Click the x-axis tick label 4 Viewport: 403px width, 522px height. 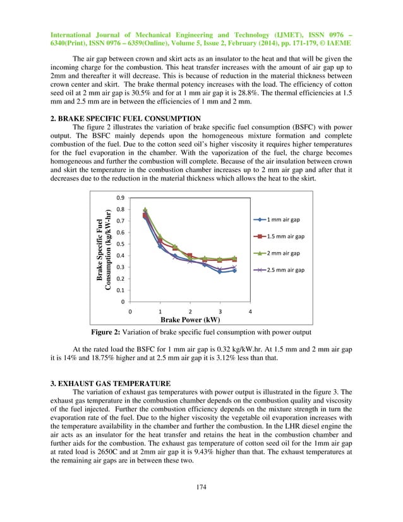[x=250, y=312]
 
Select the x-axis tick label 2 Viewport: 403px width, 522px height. [x=190, y=312]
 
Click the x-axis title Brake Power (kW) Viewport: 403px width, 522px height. [x=189, y=320]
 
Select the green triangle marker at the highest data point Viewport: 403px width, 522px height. [x=145, y=210]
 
